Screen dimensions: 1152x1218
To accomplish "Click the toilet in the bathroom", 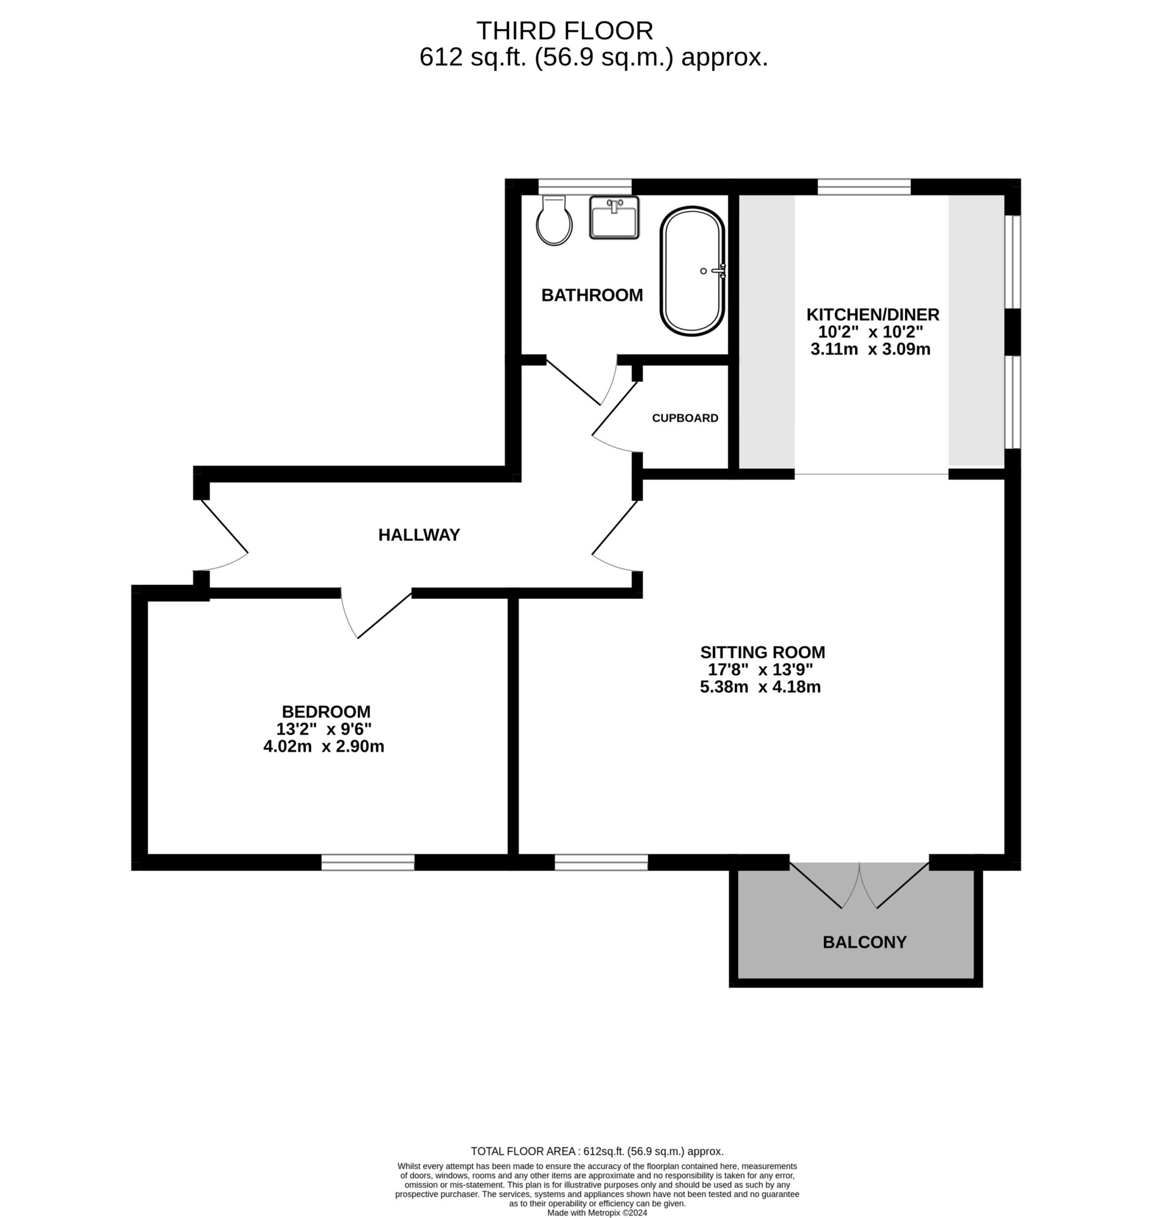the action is [x=554, y=219].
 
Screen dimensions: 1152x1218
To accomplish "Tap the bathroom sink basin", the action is [x=614, y=218].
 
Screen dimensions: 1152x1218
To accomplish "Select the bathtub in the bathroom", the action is [x=692, y=271].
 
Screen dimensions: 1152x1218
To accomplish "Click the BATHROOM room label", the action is [x=592, y=295].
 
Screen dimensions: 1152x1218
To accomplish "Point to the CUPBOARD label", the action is [x=685, y=418].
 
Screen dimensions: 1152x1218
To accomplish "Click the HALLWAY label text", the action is [x=419, y=535].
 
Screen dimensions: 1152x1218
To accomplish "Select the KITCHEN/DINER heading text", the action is [x=873, y=315].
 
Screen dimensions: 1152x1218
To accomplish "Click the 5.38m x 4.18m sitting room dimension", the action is [x=760, y=687].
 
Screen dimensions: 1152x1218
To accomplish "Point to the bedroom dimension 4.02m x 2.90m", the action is [x=324, y=747].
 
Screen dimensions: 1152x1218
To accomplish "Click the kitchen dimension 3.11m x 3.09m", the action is [x=871, y=349].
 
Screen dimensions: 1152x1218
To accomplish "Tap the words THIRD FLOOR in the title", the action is [x=564, y=30].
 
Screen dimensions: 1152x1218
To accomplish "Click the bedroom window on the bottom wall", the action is [x=368, y=862].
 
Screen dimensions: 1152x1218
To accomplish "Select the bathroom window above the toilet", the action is [x=585, y=186].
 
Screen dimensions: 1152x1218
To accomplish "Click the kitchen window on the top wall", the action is [x=864, y=186].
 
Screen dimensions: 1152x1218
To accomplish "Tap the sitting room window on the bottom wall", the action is [x=602, y=862].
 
